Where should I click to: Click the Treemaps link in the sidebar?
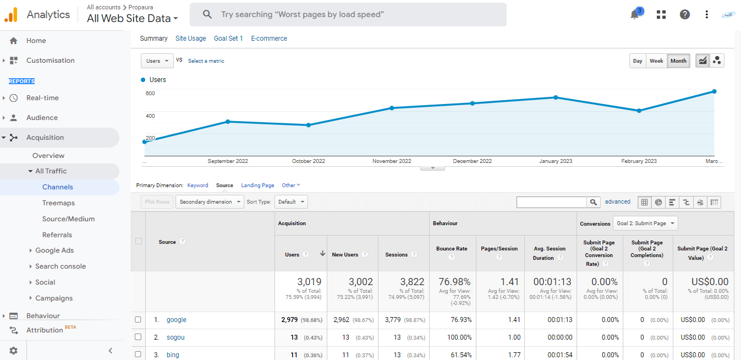click(58, 203)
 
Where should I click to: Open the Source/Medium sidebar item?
click(68, 219)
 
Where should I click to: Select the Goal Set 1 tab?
click(228, 39)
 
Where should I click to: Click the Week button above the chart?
click(656, 61)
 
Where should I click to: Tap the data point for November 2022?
click(392, 108)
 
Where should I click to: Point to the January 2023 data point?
click(556, 97)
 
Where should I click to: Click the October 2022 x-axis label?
click(309, 161)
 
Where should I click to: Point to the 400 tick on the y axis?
click(150, 116)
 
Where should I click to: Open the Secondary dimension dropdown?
click(210, 202)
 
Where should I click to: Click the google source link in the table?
click(177, 320)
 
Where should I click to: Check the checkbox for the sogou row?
click(138, 337)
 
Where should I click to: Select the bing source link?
click(173, 355)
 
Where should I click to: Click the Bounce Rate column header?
click(451, 249)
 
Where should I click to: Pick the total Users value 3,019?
click(309, 282)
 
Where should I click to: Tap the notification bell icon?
click(634, 15)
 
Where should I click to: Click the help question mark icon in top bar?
click(684, 14)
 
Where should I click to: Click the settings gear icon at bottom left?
click(13, 350)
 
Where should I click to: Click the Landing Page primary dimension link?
click(257, 186)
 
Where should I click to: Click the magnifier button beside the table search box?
click(593, 202)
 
